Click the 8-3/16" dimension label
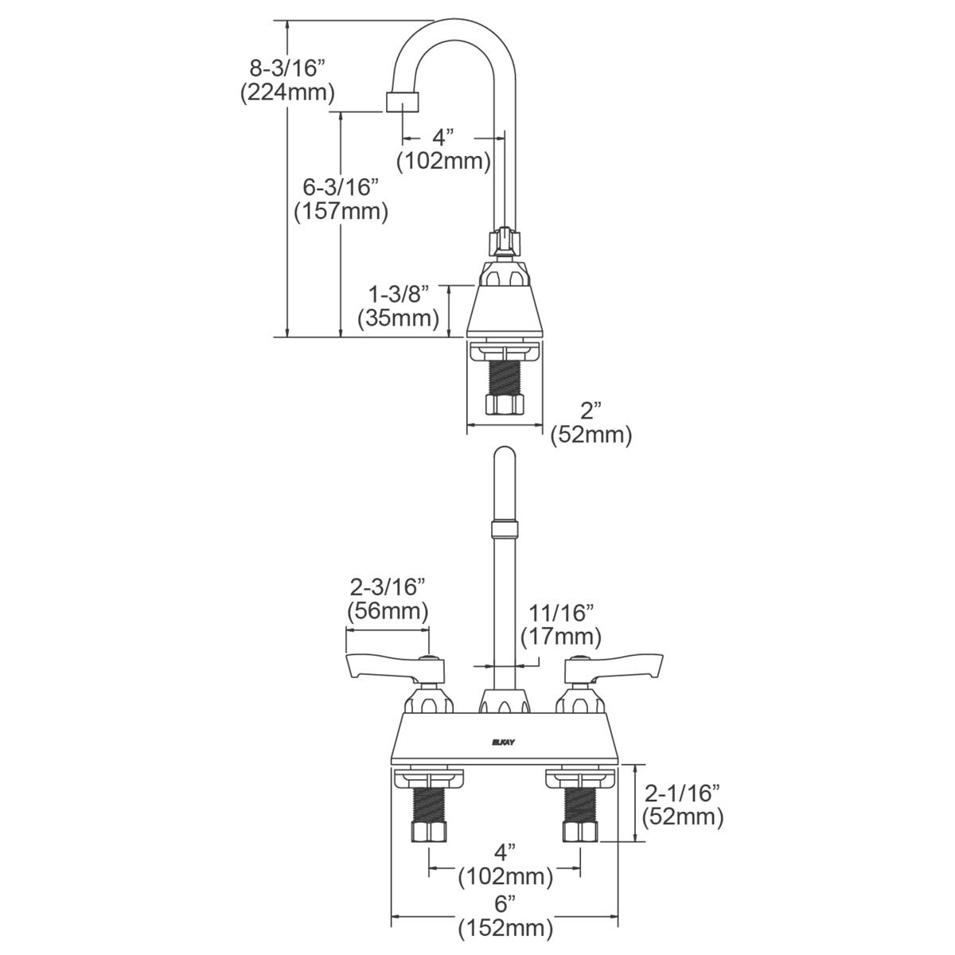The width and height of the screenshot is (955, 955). click(x=287, y=67)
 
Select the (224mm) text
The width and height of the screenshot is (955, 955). click(x=287, y=92)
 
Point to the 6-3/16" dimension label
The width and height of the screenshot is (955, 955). click(x=341, y=187)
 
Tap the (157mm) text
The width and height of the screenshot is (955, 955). click(x=341, y=212)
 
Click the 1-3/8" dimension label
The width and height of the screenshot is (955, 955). click(x=399, y=294)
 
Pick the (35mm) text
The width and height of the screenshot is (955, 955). click(x=399, y=318)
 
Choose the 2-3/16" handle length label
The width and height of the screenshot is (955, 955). click(x=388, y=587)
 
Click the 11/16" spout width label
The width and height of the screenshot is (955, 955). click(x=561, y=613)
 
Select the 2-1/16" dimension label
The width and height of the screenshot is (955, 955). click(x=683, y=793)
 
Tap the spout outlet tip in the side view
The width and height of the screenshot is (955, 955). click(x=402, y=103)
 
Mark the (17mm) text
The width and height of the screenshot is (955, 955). click(x=561, y=637)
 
